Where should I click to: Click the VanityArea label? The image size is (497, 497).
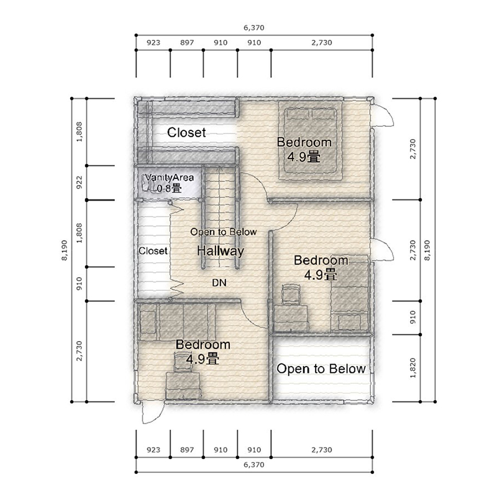(169, 178)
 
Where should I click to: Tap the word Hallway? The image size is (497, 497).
(221, 251)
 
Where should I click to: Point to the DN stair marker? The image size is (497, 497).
(219, 283)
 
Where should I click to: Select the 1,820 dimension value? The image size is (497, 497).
(413, 368)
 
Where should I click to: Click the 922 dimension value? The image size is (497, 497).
(80, 183)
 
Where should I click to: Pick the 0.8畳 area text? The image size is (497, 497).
(169, 189)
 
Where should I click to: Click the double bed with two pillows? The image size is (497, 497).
(310, 140)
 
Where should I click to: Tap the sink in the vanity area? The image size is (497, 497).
(146, 184)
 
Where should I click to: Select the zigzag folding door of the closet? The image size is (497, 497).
(177, 251)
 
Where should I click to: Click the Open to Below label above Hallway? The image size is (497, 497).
(224, 232)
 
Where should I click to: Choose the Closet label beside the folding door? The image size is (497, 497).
(153, 251)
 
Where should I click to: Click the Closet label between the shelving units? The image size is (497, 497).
(186, 132)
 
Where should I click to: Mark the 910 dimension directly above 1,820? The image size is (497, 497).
(413, 317)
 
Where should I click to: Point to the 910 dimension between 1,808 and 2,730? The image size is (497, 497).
(80, 283)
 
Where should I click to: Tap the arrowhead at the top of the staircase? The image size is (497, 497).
(219, 170)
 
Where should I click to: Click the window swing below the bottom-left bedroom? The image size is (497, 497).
(153, 414)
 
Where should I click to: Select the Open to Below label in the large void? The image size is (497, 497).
(321, 368)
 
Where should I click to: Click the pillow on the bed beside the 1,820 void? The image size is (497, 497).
(349, 322)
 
